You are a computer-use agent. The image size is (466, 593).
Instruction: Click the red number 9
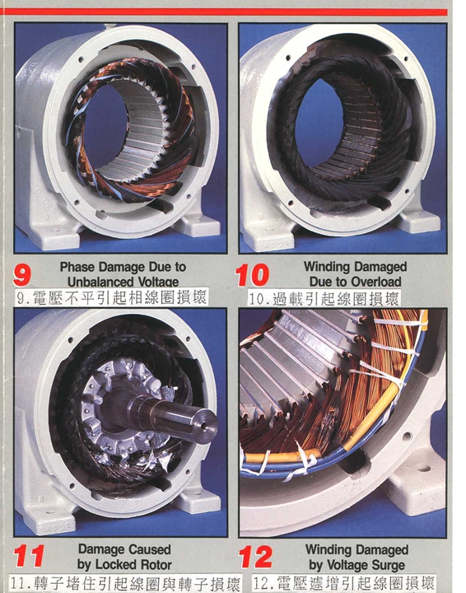coord(21,274)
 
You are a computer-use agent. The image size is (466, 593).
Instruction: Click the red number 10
coord(252,275)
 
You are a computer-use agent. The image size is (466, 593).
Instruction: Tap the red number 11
coord(28,556)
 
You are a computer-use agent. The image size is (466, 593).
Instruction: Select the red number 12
coord(256,557)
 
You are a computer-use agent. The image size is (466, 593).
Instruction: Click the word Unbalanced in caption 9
coord(100,282)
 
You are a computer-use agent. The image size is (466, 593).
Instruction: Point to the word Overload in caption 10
coord(375,282)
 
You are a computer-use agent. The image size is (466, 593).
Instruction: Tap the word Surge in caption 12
coord(388,565)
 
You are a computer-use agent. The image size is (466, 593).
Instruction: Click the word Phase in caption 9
coord(77,267)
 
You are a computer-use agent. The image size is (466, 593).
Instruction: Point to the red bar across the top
coord(224,12)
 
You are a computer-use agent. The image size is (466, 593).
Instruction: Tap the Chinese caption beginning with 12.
coord(343,583)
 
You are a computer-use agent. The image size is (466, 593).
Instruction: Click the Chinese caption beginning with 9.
coord(111,297)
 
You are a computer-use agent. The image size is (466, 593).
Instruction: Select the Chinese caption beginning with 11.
coord(124,583)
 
